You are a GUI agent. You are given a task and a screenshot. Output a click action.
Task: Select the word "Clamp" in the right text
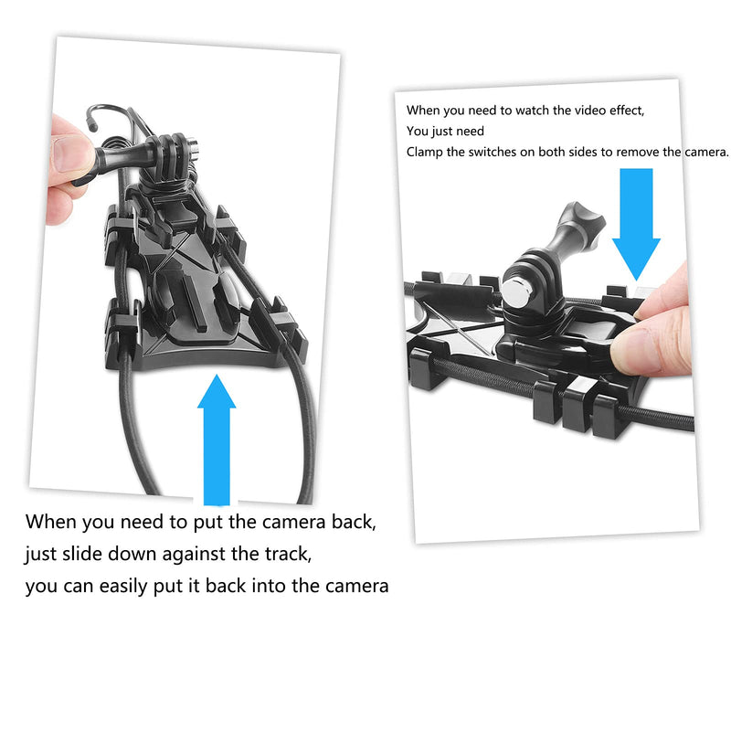click(x=427, y=152)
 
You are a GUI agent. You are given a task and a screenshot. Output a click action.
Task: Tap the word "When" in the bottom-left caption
click(x=52, y=523)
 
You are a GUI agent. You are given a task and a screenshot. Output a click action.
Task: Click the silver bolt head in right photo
click(x=514, y=293)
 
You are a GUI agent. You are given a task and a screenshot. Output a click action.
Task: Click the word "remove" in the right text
click(x=633, y=152)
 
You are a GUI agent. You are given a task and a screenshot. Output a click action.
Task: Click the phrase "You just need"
click(x=445, y=131)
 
